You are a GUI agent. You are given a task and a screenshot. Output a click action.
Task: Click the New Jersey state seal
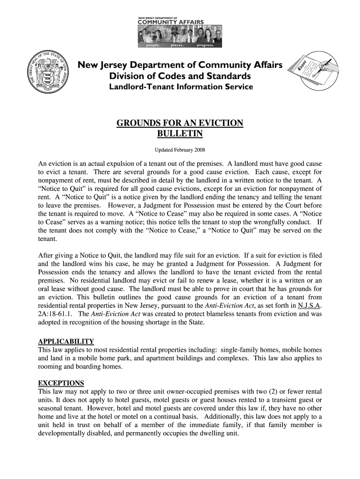click(48, 73)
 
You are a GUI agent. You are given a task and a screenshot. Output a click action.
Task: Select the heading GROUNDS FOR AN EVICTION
click(180, 123)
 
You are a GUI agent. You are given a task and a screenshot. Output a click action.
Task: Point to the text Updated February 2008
click(180, 150)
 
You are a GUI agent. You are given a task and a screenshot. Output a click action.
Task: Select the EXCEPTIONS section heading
click(61, 383)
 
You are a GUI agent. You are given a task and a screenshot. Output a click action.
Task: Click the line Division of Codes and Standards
click(180, 76)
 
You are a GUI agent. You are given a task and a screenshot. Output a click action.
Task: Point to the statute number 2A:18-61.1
click(55, 315)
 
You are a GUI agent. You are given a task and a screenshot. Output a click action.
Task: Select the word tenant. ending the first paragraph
click(47, 239)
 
